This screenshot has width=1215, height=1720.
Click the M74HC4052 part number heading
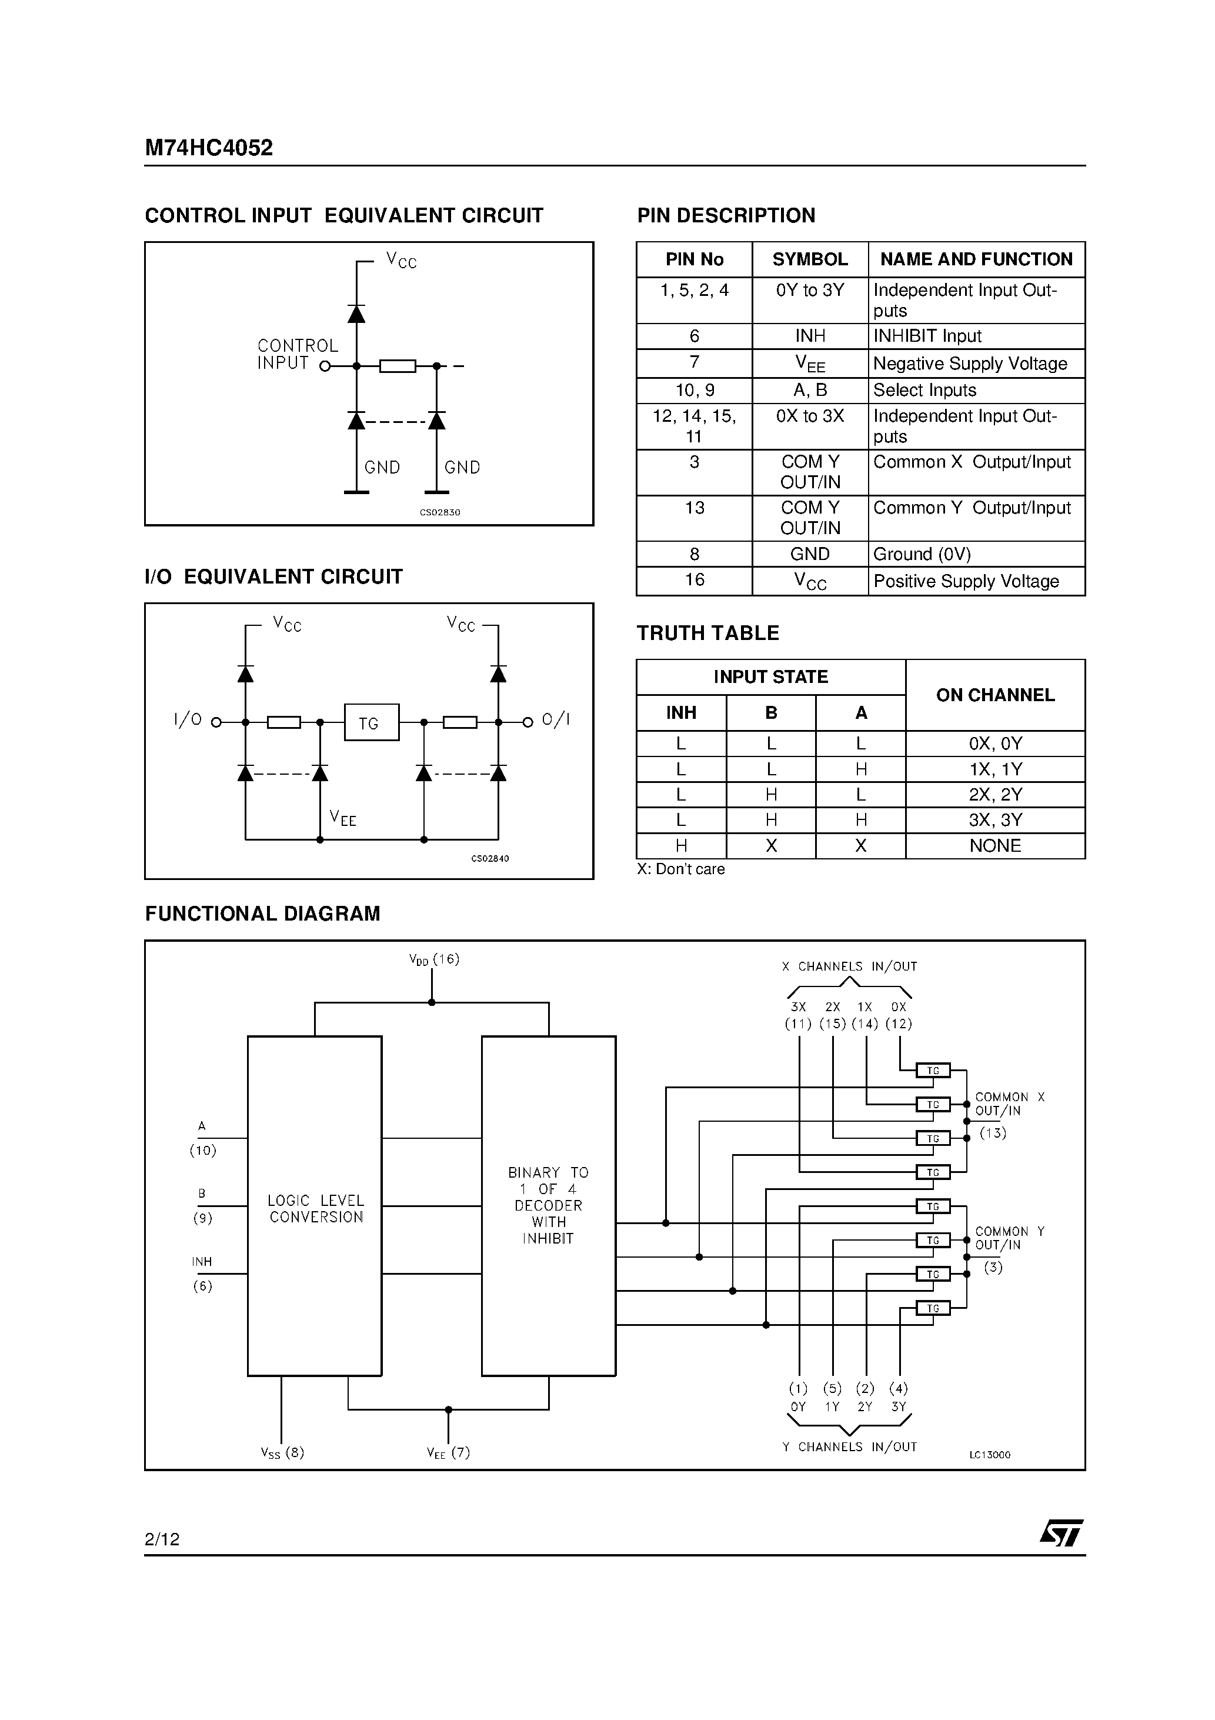[x=208, y=148]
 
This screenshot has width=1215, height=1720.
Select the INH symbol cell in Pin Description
[x=810, y=336]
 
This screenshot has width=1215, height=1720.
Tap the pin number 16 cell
[x=695, y=580]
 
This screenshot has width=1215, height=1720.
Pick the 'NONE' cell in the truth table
[x=995, y=846]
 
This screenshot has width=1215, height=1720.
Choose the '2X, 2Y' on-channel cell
[x=995, y=795]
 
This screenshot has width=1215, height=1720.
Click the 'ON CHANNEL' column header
[x=995, y=695]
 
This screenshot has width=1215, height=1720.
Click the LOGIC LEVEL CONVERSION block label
[x=315, y=1209]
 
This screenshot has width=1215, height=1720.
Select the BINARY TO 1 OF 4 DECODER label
[x=548, y=1205]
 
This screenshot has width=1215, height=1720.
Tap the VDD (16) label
[x=433, y=959]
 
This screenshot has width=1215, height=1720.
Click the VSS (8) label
[x=282, y=1452]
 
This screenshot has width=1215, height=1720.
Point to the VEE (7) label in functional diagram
[x=448, y=1452]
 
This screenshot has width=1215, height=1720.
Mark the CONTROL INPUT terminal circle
[x=325, y=366]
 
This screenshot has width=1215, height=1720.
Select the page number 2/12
[x=162, y=1539]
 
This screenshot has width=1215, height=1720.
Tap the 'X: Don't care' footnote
[x=680, y=869]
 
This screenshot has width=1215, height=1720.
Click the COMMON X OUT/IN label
[x=1008, y=1104]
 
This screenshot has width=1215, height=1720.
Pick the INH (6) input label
[x=202, y=1274]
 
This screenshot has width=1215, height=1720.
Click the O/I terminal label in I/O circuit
[x=556, y=720]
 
